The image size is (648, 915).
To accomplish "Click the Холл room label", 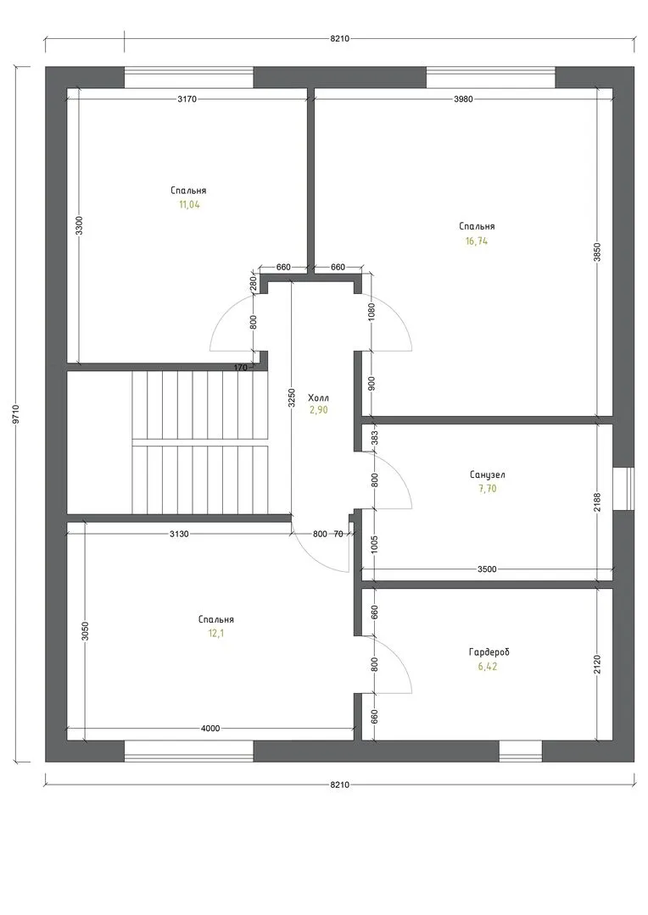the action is point(318,398).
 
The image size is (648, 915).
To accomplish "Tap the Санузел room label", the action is point(488,475).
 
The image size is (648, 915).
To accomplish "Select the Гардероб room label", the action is point(489,652).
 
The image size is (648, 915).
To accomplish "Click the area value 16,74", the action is point(477,241).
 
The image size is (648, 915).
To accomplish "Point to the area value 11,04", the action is point(189,205).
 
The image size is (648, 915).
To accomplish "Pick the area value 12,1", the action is point(215,634).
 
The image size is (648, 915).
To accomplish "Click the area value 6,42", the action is point(488,667).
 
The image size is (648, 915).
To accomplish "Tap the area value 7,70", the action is point(488,489).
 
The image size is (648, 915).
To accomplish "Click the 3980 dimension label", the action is point(463,99).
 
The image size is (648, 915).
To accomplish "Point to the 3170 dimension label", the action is point(187,99).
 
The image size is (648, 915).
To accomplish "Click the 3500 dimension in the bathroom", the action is point(487,569).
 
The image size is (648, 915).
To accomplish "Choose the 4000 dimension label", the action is point(210,729).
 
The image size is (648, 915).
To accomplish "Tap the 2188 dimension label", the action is point(597,503).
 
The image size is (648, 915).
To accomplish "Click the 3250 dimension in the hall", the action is point(292,397).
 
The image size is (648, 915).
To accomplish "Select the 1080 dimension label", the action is point(372,312).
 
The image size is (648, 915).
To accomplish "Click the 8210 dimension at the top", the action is point(339,38).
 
